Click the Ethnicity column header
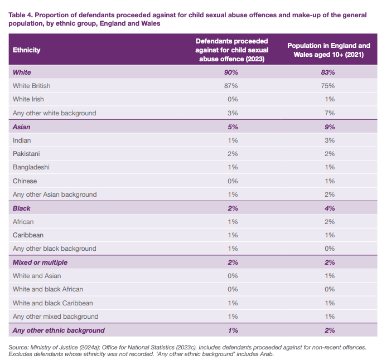click(27, 50)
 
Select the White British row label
click(31, 86)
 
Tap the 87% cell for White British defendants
click(231, 86)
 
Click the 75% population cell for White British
click(328, 86)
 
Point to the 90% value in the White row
click(231, 72)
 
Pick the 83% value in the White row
click(328, 72)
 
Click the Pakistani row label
click(26, 154)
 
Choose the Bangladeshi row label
click(30, 167)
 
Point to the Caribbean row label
click(28, 235)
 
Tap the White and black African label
click(49, 290)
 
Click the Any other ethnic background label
click(59, 330)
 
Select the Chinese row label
click(25, 181)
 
